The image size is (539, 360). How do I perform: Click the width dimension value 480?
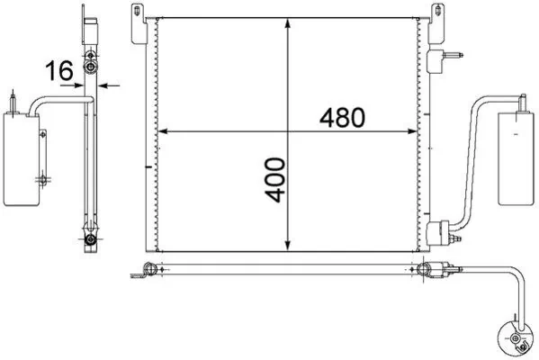point(343,117)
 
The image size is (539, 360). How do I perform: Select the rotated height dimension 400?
point(275,179)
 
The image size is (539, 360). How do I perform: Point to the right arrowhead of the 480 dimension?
point(415,132)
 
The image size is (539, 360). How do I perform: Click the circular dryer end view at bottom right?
point(516,337)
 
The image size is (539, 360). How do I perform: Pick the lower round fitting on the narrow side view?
point(90,238)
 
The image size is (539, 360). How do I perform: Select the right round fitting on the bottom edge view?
point(425,267)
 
